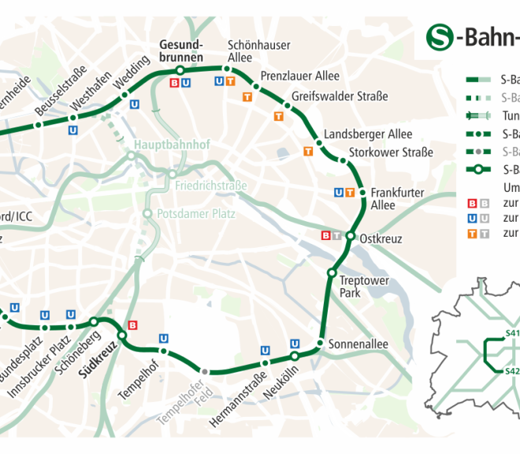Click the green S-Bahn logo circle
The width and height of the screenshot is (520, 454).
coord(441,36)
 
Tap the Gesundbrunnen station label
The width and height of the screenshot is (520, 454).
coord(181,51)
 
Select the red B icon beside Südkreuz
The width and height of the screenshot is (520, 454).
coord(132,324)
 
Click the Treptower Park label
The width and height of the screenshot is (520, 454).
coord(359,286)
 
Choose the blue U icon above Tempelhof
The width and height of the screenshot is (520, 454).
coord(164,338)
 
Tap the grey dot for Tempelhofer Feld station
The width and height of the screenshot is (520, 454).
coord(205,371)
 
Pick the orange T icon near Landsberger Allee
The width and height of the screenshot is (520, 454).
coord(308,151)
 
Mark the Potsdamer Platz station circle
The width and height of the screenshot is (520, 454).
coord(147,213)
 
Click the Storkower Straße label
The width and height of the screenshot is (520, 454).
coord(391,153)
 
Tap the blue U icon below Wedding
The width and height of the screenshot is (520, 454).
coord(135,103)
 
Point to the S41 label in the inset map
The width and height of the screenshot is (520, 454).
coord(512,333)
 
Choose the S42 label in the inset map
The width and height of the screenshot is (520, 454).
coord(512,371)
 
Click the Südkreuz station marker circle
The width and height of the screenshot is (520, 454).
coord(122,336)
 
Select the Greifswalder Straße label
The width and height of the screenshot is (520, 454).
coord(340,97)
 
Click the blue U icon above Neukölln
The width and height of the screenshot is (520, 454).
coord(295,343)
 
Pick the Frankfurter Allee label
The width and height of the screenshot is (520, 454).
coord(397,198)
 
